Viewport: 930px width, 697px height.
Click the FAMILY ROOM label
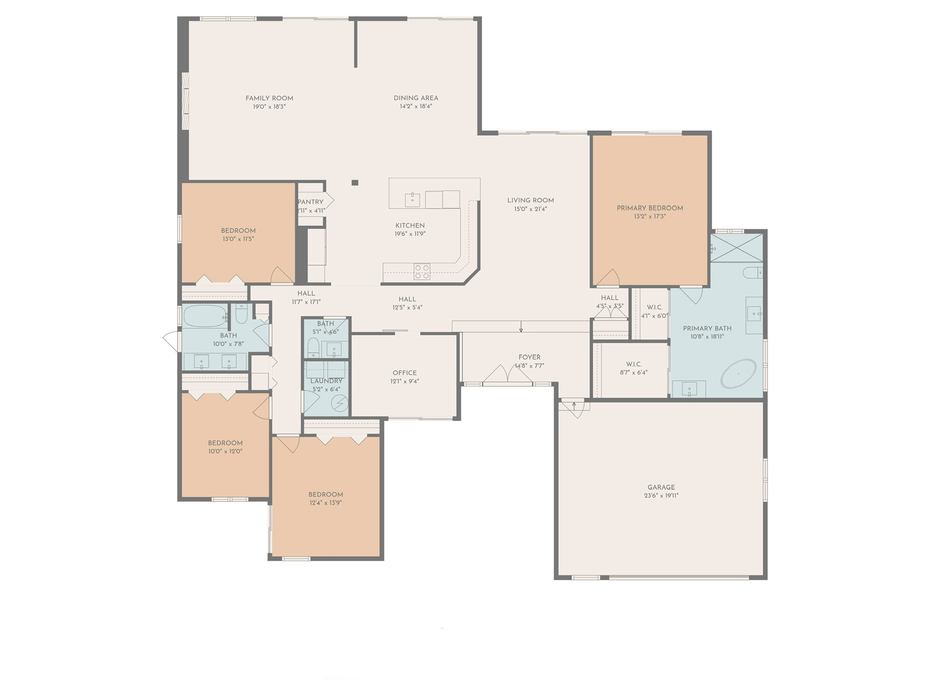pos(269,98)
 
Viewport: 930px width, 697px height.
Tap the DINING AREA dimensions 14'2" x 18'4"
pos(415,107)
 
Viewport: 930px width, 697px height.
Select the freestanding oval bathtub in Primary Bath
pos(738,374)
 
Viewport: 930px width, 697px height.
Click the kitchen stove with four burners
pos(422,271)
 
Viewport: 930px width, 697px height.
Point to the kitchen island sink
pos(412,200)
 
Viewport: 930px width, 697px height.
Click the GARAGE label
pos(661,487)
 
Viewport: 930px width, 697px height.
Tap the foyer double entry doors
pos(508,375)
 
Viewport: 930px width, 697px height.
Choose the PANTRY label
pos(310,202)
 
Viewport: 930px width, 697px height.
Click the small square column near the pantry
pos(355,183)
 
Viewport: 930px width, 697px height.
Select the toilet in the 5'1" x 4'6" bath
pos(313,347)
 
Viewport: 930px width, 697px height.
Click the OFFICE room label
pos(404,373)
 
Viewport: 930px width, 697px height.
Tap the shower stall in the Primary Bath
pos(736,248)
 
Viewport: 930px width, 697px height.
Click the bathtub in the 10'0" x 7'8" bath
pos(205,316)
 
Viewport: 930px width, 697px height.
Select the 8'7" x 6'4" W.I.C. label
pos(634,364)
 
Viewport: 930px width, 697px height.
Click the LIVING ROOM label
pos(530,200)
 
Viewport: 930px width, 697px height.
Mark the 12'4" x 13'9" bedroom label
pos(325,495)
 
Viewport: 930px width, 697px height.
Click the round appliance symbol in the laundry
pos(340,403)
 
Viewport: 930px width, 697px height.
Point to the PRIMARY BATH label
pos(707,328)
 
